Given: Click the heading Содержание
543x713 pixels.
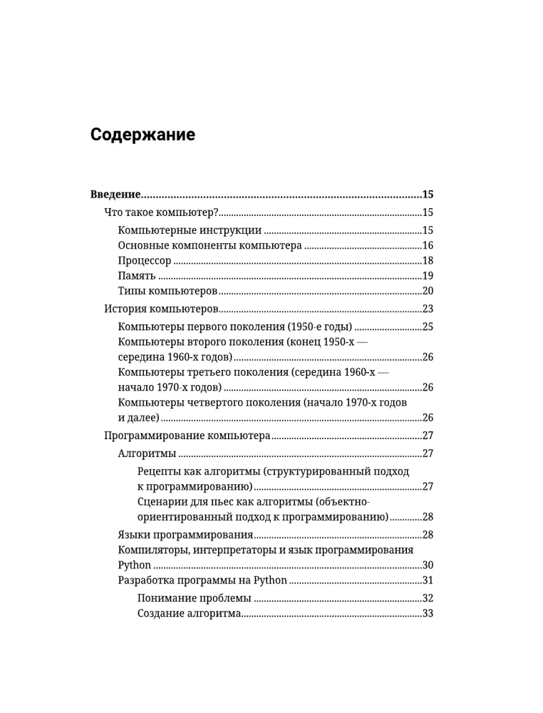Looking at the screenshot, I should pyautogui.click(x=143, y=135).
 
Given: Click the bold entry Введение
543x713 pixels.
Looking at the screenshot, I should pyautogui.click(x=115, y=195).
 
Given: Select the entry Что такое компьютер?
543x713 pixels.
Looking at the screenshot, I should pyautogui.click(x=160, y=212).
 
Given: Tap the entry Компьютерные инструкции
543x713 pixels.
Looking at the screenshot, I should pyautogui.click(x=190, y=231).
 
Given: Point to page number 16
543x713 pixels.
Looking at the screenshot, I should pyautogui.click(x=428, y=246).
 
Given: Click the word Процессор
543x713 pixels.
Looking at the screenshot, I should pyautogui.click(x=145, y=261).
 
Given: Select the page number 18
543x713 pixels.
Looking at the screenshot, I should pyautogui.click(x=428, y=261).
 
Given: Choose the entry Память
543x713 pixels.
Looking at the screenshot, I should pyautogui.click(x=136, y=276).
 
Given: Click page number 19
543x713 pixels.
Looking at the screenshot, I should pyautogui.click(x=428, y=276).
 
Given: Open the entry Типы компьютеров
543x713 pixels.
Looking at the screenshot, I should pyautogui.click(x=167, y=291).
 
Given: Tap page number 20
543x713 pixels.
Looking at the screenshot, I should pyautogui.click(x=428, y=291).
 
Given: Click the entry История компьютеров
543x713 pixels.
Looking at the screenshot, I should pyautogui.click(x=160, y=309).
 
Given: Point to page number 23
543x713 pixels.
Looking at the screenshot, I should pyautogui.click(x=428, y=309).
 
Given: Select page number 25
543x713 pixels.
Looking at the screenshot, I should pyautogui.click(x=428, y=327).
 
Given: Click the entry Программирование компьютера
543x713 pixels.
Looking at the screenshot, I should pyautogui.click(x=187, y=436).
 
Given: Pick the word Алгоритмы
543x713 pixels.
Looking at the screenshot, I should pyautogui.click(x=147, y=453).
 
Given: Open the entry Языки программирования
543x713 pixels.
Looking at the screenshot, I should pyautogui.click(x=185, y=535).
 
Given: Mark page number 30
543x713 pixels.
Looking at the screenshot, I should pyautogui.click(x=428, y=565).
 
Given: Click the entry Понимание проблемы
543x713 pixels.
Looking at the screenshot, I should pyautogui.click(x=194, y=598).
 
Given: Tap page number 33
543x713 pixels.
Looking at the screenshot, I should pyautogui.click(x=428, y=613).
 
